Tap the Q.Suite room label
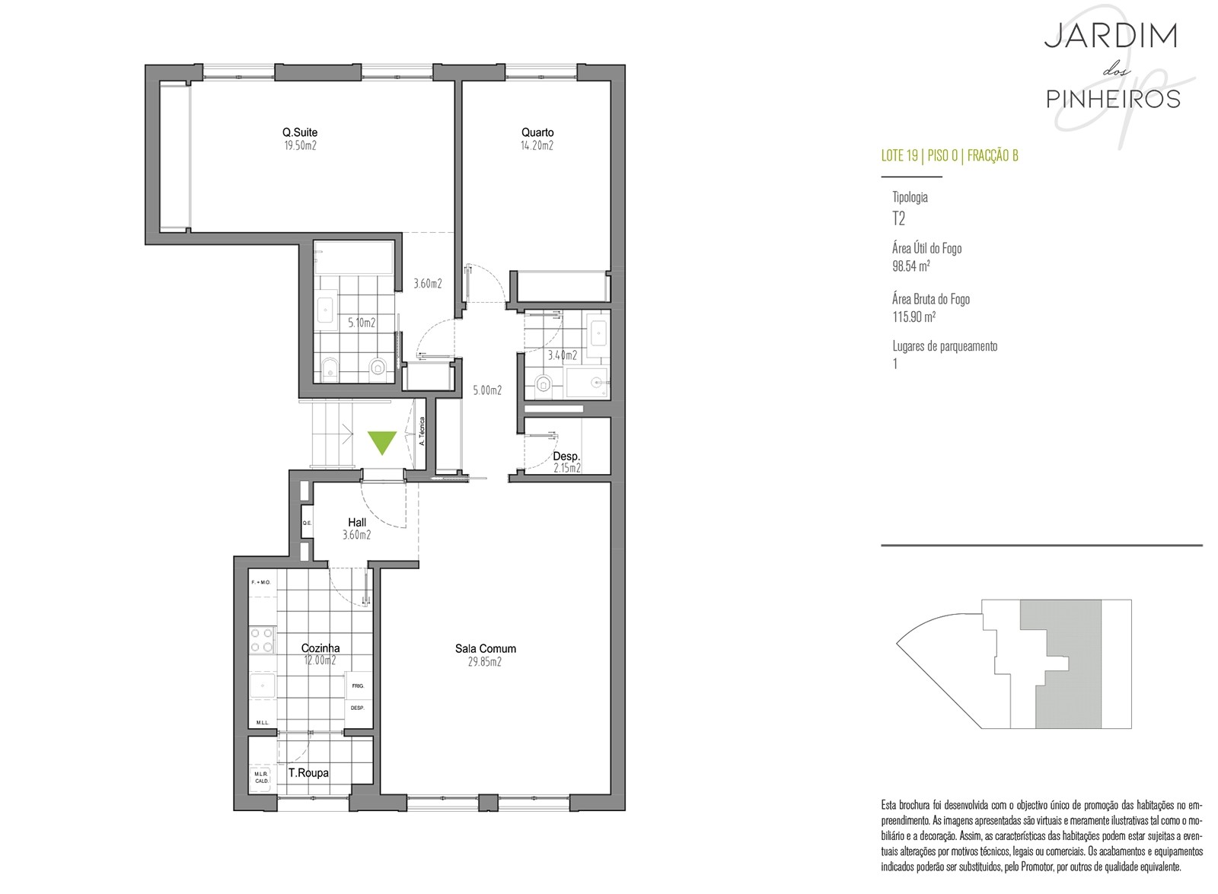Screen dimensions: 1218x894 [x=300, y=132]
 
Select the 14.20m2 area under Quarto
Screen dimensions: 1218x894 [x=537, y=145]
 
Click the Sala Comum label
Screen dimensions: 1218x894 [x=485, y=648]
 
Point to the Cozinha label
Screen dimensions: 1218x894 [x=320, y=647]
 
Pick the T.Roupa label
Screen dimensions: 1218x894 [x=308, y=773]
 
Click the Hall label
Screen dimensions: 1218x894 [x=357, y=522]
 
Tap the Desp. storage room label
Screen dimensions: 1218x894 [x=566, y=457]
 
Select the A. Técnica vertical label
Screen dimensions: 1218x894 [x=422, y=431]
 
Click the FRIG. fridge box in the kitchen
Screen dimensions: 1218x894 [x=358, y=686]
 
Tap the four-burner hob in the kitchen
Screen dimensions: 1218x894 [x=262, y=640]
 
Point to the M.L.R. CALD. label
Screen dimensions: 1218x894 [x=262, y=778]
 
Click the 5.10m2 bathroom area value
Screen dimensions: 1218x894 [x=362, y=323]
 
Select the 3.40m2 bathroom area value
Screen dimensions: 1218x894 [x=563, y=355]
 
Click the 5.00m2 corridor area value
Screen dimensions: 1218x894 [x=487, y=390]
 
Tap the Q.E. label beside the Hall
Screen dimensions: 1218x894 [x=308, y=523]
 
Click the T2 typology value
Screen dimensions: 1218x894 [x=898, y=218]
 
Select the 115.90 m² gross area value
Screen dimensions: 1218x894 [x=913, y=317]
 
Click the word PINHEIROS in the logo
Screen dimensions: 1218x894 [x=1114, y=99]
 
